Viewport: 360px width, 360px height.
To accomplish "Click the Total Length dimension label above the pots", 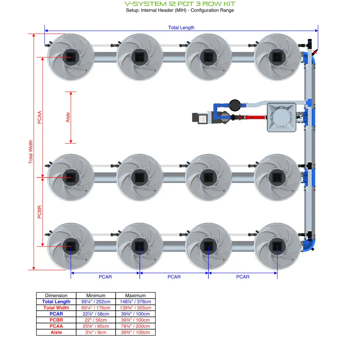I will [x=181, y=27].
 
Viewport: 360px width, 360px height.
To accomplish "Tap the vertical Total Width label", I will [x=31, y=152].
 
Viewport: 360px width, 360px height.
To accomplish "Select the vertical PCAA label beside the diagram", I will [x=39, y=117].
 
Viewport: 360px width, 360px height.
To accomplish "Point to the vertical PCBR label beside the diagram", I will [x=39, y=212].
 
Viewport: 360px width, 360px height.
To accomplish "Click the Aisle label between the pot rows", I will [x=68, y=117].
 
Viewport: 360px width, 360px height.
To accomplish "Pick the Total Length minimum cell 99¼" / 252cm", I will [x=96, y=302].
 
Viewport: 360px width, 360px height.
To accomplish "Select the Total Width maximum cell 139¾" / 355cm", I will [x=135, y=308].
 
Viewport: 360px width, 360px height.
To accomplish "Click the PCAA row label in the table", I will [x=56, y=326].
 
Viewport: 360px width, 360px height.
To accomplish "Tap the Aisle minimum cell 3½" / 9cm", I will [x=96, y=332].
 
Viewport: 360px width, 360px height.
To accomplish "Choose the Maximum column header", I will [x=135, y=295].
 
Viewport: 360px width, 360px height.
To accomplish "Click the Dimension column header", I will [x=56, y=295].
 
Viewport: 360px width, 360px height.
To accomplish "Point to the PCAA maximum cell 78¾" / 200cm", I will [x=135, y=326].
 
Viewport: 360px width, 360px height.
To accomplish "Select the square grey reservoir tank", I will [x=281, y=117].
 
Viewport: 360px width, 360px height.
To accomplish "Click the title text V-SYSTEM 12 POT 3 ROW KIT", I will [x=180, y=4].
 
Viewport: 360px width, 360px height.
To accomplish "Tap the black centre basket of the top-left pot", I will [x=71, y=57].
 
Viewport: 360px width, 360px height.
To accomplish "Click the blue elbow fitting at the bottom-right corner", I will [x=309, y=245].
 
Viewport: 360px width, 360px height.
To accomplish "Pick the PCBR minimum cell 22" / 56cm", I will [x=96, y=320].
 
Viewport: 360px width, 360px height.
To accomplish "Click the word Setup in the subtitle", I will [x=132, y=10].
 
